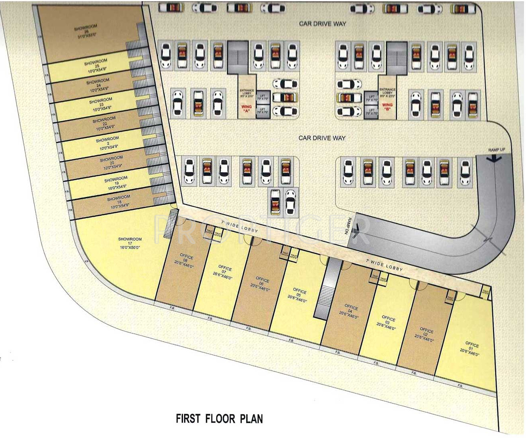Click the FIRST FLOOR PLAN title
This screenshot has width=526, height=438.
pos(219,419)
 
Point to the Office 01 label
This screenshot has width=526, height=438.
pos(471,349)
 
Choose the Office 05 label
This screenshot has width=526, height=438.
pos(299,294)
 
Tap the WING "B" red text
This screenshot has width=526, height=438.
pos(387,107)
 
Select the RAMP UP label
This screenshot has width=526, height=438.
pos(496,150)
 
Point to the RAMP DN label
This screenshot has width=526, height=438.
pos(349,226)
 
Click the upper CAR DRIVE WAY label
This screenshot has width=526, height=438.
pos(323,24)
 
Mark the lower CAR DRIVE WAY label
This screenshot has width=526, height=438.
pos(322,138)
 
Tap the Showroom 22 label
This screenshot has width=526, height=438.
pos(104,124)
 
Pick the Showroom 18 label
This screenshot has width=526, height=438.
pos(119,202)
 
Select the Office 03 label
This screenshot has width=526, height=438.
pos(387,323)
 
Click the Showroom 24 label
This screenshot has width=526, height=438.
pos(98,85)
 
